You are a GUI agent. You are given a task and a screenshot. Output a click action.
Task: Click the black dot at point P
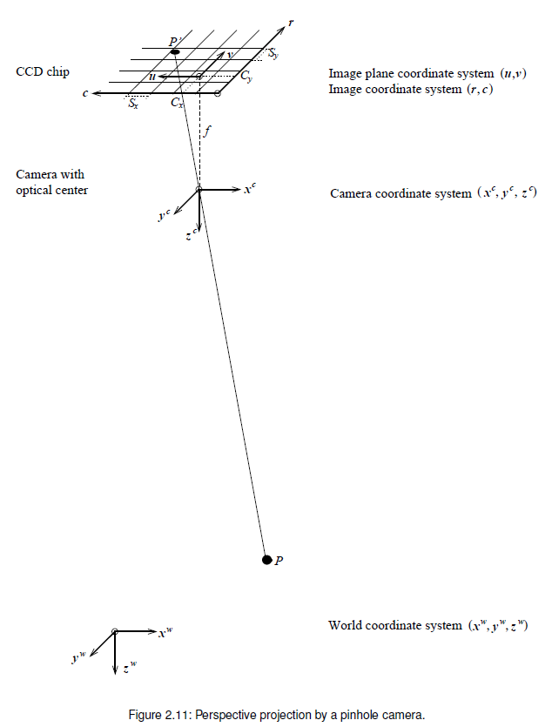pyautogui.click(x=267, y=558)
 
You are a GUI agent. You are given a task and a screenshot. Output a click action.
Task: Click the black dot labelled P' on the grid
pyautogui.click(x=175, y=52)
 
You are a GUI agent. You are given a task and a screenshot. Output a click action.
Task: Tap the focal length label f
pyautogui.click(x=206, y=133)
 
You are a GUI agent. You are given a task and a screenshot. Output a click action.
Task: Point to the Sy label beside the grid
pyautogui.click(x=274, y=55)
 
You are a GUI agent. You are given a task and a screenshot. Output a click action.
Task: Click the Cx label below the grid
pyautogui.click(x=177, y=103)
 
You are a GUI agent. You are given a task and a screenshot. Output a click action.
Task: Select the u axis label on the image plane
pyautogui.click(x=153, y=77)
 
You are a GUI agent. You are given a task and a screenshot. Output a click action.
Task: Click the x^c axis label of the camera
pyautogui.click(x=250, y=187)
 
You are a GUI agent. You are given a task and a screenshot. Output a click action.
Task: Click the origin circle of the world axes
pyautogui.click(x=115, y=631)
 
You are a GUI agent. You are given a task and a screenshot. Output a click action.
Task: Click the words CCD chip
pyautogui.click(x=42, y=71)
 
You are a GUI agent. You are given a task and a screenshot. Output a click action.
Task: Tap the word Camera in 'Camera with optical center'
pyautogui.click(x=38, y=174)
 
